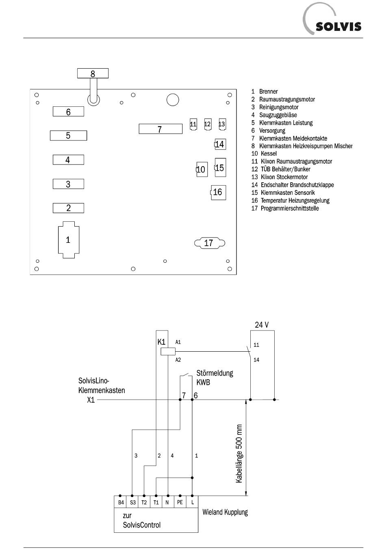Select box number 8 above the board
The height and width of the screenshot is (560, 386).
[93, 74]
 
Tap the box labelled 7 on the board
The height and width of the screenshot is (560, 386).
[160, 129]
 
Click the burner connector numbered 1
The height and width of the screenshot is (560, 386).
[68, 240]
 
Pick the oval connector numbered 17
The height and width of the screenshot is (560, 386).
[209, 243]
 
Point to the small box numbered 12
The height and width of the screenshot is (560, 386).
[208, 124]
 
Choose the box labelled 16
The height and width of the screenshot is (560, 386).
[218, 192]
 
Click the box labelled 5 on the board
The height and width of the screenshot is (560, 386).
[68, 136]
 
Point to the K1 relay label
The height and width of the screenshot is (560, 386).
[161, 342]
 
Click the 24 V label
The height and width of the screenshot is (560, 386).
[262, 325]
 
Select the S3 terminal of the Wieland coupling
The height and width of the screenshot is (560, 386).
[133, 502]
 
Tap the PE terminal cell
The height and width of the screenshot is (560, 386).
[180, 502]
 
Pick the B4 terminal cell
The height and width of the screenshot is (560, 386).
[121, 502]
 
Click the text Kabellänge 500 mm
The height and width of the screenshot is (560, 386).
[239, 454]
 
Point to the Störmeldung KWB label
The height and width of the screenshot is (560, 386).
[215, 377]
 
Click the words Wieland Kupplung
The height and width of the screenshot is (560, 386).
[225, 512]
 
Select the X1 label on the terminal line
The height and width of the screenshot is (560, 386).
[91, 400]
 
